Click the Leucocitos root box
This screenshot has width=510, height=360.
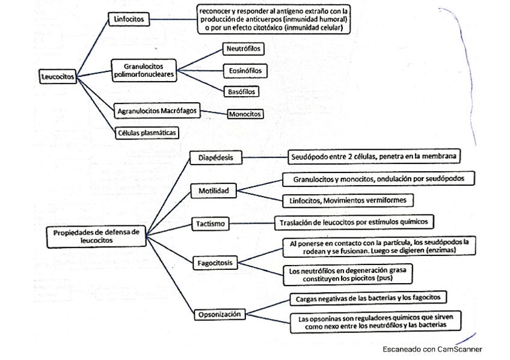point(57,77)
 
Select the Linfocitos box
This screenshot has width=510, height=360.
point(129,20)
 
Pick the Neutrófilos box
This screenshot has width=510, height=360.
point(243,48)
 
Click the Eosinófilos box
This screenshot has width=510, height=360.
point(245,71)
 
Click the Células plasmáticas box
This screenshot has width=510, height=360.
point(147,132)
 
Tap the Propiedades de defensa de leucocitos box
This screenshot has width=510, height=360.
point(96,235)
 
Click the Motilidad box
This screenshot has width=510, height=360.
point(214,191)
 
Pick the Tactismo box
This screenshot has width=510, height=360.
point(210,224)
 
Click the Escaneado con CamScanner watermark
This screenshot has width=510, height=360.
point(432,349)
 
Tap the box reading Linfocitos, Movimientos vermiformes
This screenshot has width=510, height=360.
point(348,200)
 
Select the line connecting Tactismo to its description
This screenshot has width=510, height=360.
point(251,224)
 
